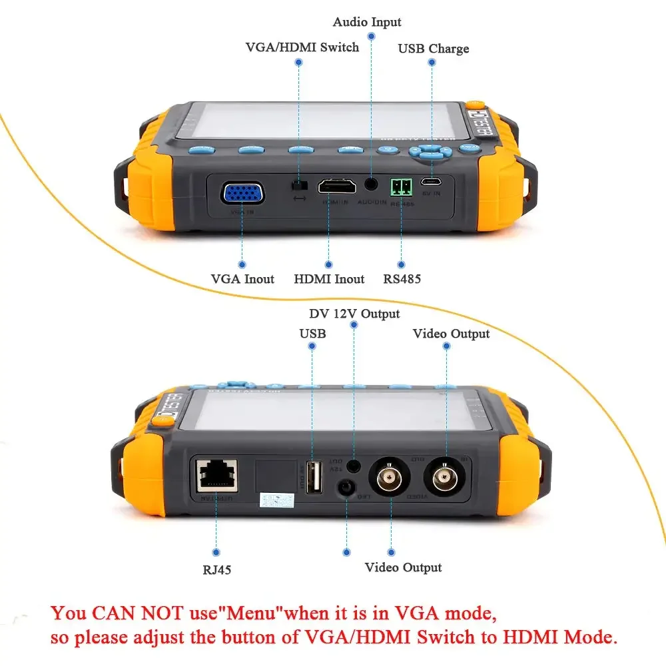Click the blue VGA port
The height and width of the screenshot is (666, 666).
tap(243, 194)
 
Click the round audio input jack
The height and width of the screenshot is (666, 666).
tap(371, 184)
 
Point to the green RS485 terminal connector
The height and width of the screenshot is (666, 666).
tap(402, 186)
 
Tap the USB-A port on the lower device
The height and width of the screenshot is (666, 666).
tap(313, 478)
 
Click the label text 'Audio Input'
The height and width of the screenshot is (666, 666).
tap(367, 23)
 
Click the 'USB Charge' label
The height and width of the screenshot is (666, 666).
tap(433, 49)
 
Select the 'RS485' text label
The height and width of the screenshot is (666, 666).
tap(402, 279)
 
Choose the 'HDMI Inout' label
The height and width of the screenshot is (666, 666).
tap(329, 279)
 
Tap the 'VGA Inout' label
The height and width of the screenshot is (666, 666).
tap(242, 279)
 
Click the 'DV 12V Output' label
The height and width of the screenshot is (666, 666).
tap(354, 314)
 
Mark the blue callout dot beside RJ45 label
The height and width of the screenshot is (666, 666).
tap(216, 551)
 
